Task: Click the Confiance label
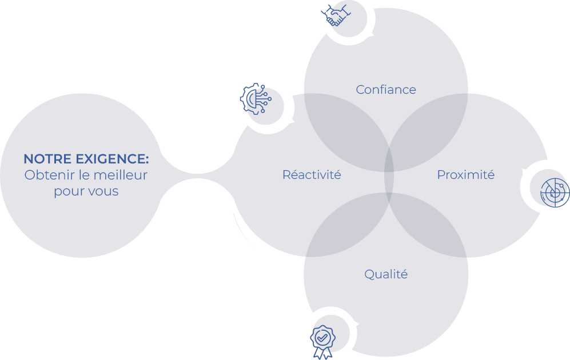386,89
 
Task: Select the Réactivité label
312,175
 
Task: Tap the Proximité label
466,175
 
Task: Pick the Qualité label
386,274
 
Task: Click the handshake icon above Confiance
336,15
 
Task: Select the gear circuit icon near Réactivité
256,99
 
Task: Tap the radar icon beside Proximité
555,193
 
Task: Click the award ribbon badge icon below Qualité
322,342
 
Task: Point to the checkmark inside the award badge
322,338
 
